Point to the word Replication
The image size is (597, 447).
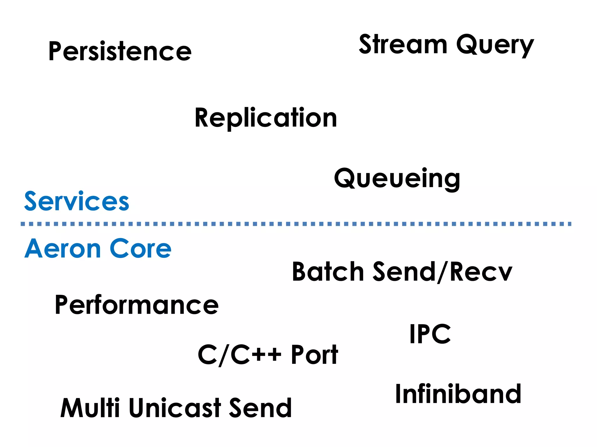click(x=266, y=118)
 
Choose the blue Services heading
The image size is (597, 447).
click(x=76, y=201)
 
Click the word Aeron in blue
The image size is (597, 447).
click(x=62, y=249)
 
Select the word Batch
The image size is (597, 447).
click(x=328, y=272)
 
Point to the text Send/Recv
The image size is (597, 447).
click(x=442, y=272)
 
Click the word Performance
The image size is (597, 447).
click(x=136, y=305)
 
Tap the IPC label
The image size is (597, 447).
click(x=430, y=334)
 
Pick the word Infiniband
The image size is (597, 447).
click(x=458, y=394)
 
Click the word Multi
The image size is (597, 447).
click(x=90, y=408)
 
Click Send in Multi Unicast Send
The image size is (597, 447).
click(x=260, y=408)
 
